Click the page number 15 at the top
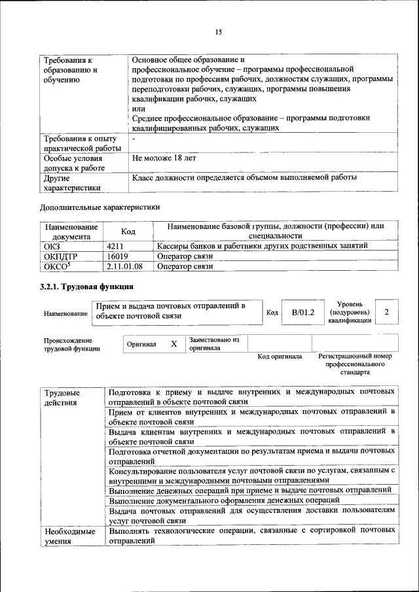click(219, 32)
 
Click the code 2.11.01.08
click(124, 266)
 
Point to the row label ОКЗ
click(52, 245)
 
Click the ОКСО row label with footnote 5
click(56, 266)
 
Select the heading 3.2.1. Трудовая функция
click(86, 287)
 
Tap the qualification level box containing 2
click(387, 313)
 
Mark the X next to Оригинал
click(173, 344)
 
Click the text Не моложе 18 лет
click(164, 158)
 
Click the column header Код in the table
click(128, 231)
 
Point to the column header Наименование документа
click(71, 231)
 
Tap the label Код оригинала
click(280, 357)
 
